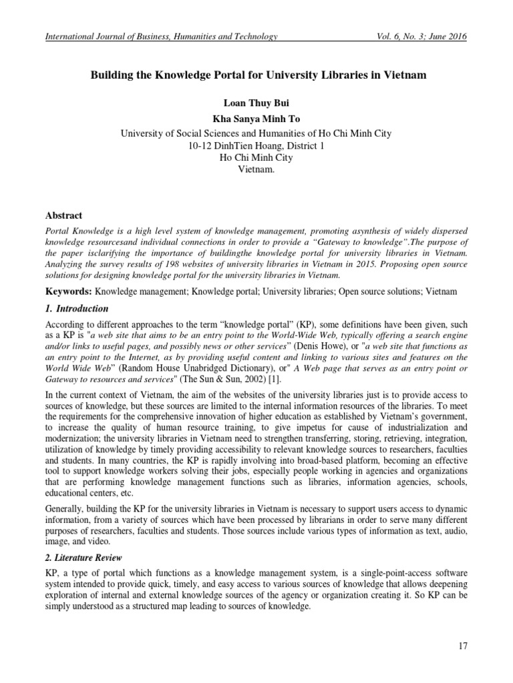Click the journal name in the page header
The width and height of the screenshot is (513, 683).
point(160,37)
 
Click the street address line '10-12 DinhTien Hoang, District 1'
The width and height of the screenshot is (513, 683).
point(256,145)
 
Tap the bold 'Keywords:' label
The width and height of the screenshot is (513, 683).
point(69,292)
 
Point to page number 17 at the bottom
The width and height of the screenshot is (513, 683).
point(463,645)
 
